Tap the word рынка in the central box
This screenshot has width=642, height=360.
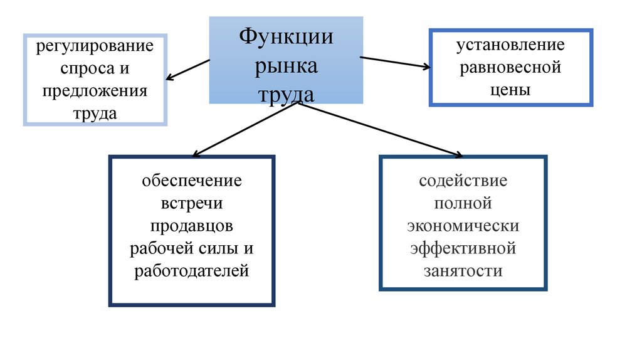point(285,66)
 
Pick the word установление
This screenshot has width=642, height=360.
point(510,45)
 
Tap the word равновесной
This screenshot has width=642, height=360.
point(510,67)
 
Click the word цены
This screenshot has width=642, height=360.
point(510,89)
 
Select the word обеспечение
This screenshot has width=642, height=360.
point(192,181)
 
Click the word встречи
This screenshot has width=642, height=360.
point(192,204)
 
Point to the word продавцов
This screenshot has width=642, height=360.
point(192,226)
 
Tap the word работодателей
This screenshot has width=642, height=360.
point(192,271)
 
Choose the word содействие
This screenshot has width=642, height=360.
point(463,181)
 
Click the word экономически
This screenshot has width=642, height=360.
point(463,226)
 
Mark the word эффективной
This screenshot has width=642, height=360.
point(463,248)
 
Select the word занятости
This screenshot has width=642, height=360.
point(463,271)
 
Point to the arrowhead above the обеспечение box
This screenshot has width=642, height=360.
point(196,154)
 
